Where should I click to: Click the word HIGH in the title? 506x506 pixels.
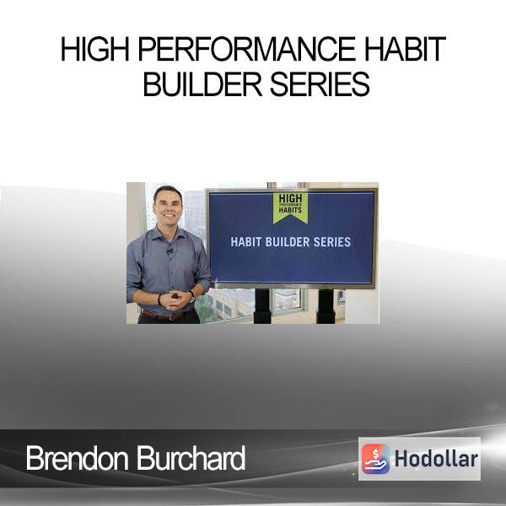pos(95,49)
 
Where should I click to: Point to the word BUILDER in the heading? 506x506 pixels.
pos(202,83)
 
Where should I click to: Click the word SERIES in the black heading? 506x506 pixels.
pos(320,83)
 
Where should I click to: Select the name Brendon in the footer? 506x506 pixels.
pos(77,458)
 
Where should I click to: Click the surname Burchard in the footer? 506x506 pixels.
pos(191,458)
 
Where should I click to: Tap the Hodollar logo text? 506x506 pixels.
pos(436,459)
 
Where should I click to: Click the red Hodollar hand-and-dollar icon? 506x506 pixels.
pos(375,459)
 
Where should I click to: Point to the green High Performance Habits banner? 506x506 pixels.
pos(290,207)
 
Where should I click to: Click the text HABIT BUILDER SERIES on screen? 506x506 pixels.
pos(290,242)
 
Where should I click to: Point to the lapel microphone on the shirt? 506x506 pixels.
pos(170,250)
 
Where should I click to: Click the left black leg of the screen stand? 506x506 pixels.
pos(262,306)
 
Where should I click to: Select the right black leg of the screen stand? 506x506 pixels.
pos(326,306)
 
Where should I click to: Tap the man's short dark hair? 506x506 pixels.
pos(168,192)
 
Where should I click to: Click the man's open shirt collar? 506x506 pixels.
pos(168,234)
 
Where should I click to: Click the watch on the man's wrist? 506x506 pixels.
pos(192,295)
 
